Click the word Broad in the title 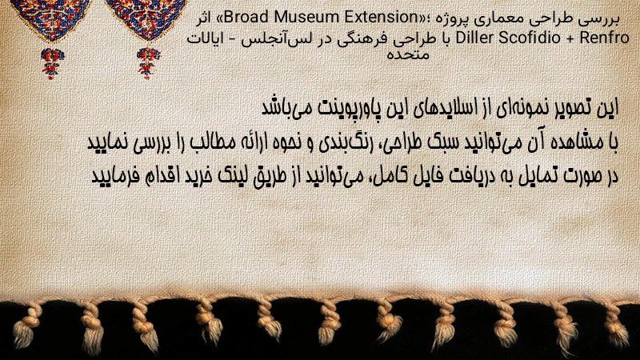click(246, 17)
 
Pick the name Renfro click(605, 38)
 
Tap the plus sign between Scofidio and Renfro click(570, 38)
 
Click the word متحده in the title click(408, 54)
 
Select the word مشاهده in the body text click(578, 142)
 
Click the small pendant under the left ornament click(52, 63)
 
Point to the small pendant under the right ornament click(148, 63)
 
